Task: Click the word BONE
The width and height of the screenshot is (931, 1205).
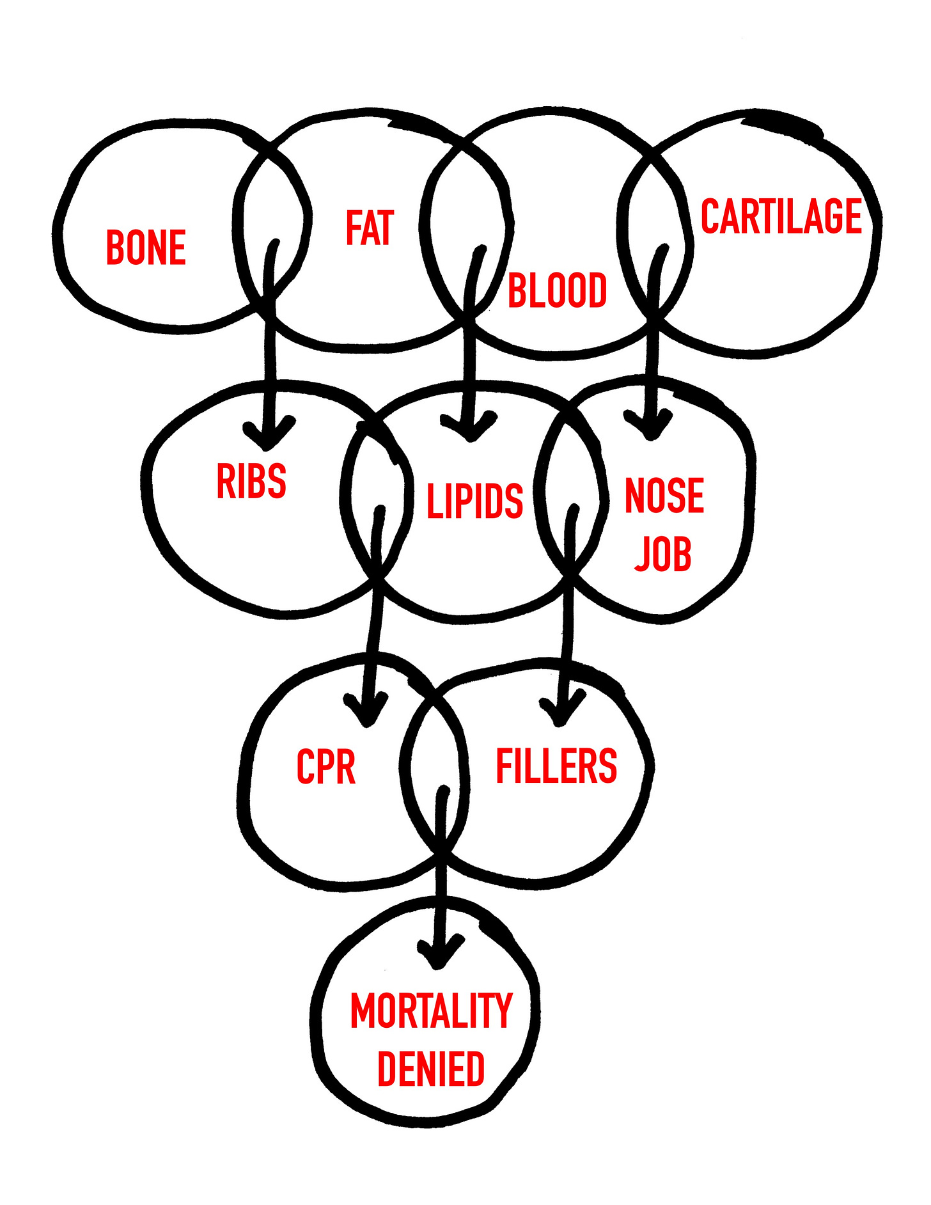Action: pos(146,248)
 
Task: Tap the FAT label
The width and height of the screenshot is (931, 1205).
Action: pos(370,228)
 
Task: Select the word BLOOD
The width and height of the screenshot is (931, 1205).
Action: pos(557,290)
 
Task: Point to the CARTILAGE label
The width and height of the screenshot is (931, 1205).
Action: pos(781,216)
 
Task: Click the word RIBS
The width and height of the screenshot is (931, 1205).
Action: pos(251,482)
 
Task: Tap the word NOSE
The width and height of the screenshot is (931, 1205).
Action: pos(664,495)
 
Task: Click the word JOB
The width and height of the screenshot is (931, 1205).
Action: pos(663,553)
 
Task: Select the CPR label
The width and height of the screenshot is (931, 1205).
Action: pos(326,766)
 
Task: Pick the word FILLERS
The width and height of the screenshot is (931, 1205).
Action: pos(556,766)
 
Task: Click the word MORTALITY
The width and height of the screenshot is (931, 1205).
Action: pos(432,1011)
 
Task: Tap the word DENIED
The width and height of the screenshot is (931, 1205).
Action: pos(431,1069)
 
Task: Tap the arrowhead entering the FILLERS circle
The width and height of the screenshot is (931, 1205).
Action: pos(561,710)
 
